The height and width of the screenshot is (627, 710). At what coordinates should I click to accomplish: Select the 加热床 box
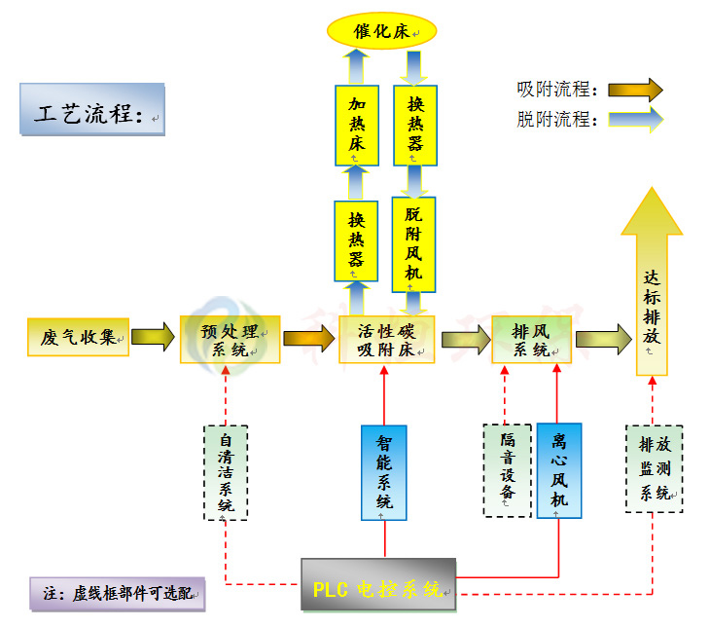pyautogui.click(x=356, y=125)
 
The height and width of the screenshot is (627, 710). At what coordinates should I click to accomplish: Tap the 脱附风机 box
pyautogui.click(x=413, y=243)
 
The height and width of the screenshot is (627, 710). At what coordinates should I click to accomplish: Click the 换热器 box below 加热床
pyautogui.click(x=356, y=240)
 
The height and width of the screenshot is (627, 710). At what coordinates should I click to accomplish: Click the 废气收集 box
pyautogui.click(x=78, y=337)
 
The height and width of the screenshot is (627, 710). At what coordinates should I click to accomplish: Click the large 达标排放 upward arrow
pyautogui.click(x=652, y=292)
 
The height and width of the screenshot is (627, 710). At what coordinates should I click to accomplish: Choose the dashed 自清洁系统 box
pyautogui.click(x=226, y=472)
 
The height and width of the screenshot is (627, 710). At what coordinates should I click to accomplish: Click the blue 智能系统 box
pyautogui.click(x=384, y=471)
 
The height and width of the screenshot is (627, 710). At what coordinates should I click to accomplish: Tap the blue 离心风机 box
pyautogui.click(x=559, y=470)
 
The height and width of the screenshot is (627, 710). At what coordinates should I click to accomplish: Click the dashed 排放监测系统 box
pyautogui.click(x=653, y=468)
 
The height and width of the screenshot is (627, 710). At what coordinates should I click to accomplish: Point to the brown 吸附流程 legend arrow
pyautogui.click(x=635, y=91)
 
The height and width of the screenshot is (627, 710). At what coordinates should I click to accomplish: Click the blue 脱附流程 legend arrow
pyautogui.click(x=635, y=120)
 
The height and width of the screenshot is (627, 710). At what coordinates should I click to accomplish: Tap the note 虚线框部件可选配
pyautogui.click(x=117, y=593)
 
